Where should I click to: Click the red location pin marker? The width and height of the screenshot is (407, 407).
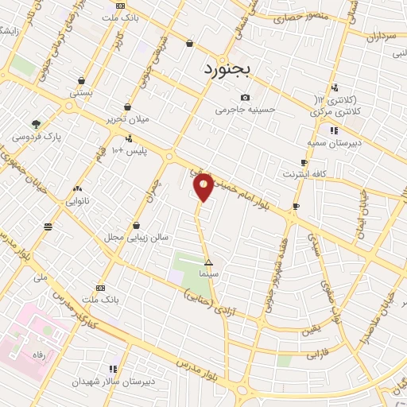pos(203,186)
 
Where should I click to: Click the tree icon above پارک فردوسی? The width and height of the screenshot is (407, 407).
pos(36,123)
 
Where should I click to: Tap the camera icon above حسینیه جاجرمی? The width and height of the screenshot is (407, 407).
pos(245,97)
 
